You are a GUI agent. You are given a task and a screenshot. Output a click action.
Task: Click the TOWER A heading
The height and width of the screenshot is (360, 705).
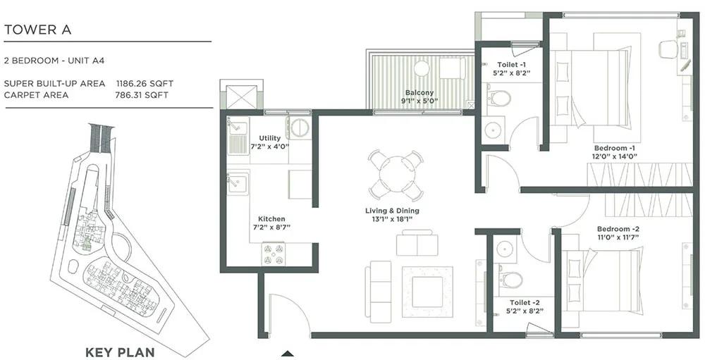[37, 30]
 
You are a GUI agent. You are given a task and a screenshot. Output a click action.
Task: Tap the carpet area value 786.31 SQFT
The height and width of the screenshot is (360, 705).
[142, 95]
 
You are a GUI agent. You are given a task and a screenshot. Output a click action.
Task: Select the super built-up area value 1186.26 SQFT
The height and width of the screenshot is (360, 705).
[145, 83]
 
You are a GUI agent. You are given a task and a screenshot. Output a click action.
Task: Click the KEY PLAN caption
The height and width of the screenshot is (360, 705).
[120, 352]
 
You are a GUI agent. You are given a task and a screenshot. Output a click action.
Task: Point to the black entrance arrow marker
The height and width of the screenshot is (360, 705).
[288, 353]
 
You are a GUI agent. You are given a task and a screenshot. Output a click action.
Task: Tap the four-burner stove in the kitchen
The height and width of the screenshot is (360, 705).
[274, 254]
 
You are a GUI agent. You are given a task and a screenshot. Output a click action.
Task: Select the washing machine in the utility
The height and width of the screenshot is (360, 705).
[298, 128]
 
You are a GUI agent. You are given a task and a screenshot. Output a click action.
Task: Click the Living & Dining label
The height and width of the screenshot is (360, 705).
[392, 211]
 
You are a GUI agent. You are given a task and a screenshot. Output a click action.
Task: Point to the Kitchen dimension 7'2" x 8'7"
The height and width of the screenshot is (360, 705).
[271, 227]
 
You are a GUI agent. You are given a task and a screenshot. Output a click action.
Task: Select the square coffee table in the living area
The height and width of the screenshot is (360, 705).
[427, 292]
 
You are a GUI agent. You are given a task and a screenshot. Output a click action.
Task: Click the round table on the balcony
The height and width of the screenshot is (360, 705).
[422, 69]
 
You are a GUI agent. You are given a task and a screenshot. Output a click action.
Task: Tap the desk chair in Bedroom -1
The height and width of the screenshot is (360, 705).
[668, 49]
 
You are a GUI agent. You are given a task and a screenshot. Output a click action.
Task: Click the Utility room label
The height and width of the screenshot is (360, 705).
[270, 138]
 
